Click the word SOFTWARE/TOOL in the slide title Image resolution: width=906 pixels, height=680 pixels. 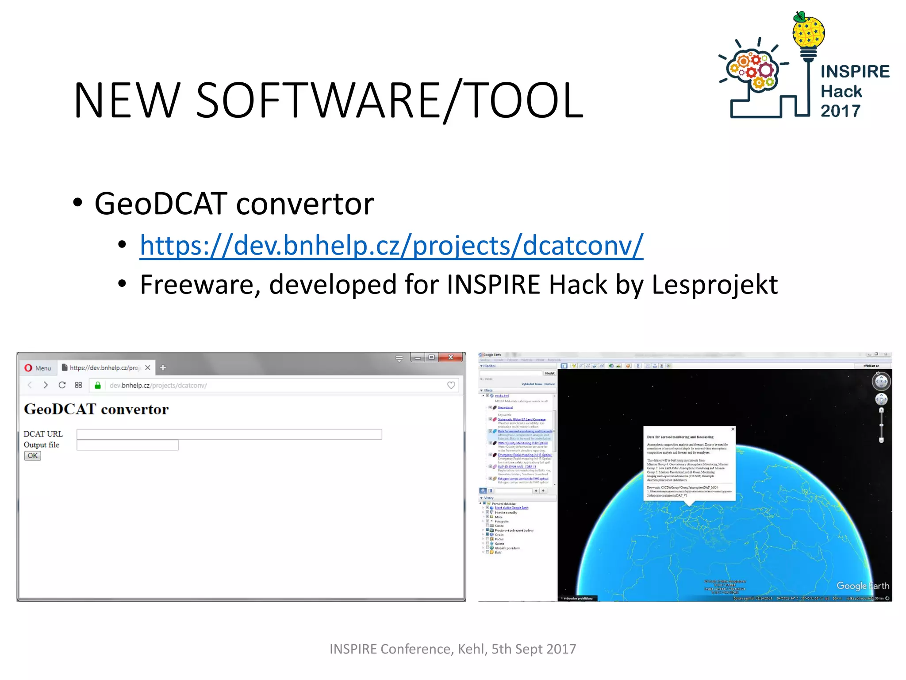(389, 101)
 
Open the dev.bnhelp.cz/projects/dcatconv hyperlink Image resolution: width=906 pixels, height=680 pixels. (391, 245)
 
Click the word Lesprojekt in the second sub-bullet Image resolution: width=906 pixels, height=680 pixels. (714, 285)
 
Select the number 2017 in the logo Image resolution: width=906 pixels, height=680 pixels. (841, 111)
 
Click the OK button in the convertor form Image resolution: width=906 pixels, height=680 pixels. (32, 456)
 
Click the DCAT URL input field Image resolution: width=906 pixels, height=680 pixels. (229, 434)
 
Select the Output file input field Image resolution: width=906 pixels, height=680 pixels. (127, 445)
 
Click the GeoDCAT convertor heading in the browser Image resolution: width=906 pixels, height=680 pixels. (96, 409)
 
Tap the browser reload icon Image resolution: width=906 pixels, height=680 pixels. (62, 385)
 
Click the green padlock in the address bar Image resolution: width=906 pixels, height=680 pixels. (98, 385)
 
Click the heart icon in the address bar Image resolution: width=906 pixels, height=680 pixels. (451, 385)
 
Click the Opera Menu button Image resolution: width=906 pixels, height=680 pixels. (38, 368)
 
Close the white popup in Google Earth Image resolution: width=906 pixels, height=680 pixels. (733, 429)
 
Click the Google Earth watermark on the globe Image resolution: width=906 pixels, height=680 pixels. (862, 586)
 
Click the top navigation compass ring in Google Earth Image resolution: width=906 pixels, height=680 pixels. (881, 381)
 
